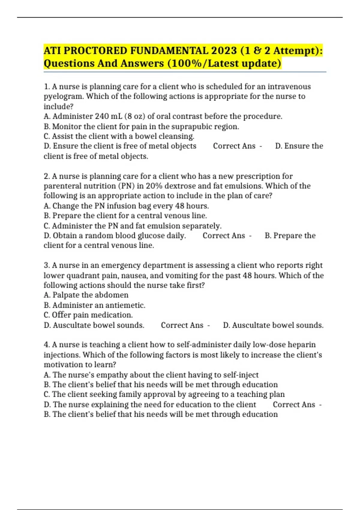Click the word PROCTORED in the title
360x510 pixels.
(x=95, y=51)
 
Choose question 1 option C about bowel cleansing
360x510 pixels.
(x=119, y=136)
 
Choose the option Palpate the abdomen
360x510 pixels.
(x=86, y=295)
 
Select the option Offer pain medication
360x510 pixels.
(x=88, y=315)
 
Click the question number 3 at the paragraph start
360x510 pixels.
(x=46, y=265)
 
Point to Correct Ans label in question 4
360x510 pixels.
(x=294, y=405)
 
